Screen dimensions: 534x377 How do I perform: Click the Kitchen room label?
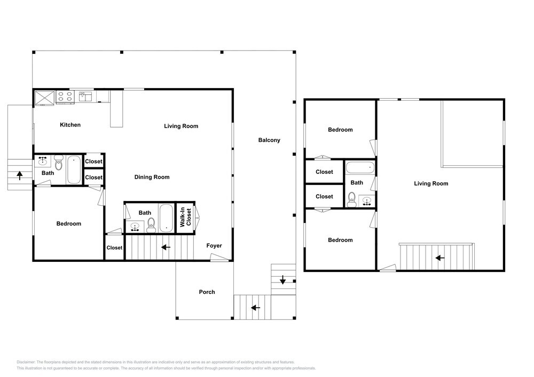pyautogui.click(x=70, y=125)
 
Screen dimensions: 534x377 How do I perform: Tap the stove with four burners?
pyautogui.click(x=65, y=97)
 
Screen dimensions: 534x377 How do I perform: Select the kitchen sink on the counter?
pyautogui.click(x=85, y=96)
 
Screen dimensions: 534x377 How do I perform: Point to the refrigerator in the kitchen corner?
pyautogui.click(x=45, y=98)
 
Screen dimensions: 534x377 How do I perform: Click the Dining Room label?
pyautogui.click(x=152, y=177)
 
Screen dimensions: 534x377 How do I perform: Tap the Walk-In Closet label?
pyautogui.click(x=186, y=217)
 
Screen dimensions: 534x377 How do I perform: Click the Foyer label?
pyautogui.click(x=214, y=245)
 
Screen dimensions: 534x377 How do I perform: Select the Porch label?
pyautogui.click(x=207, y=292)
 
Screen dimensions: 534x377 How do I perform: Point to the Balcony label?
pyautogui.click(x=269, y=140)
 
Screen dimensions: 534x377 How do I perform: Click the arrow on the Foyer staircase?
pyautogui.click(x=166, y=247)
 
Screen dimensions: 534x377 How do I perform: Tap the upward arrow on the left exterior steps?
pyautogui.click(x=20, y=175)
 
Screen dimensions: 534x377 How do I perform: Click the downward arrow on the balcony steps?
pyautogui.click(x=282, y=280)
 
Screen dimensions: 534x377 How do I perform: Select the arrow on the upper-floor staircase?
pyautogui.click(x=440, y=258)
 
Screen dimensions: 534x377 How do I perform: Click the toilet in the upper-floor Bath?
pyautogui.click(x=351, y=199)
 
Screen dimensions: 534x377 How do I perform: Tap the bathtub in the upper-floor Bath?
pyautogui.click(x=360, y=167)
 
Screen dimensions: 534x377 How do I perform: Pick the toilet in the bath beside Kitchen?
pyautogui.click(x=59, y=163)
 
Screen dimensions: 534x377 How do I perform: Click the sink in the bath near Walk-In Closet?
pyautogui.click(x=135, y=227)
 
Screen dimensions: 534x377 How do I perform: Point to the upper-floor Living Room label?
pyautogui.click(x=431, y=183)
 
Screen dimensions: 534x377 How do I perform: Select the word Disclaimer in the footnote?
pyautogui.click(x=26, y=362)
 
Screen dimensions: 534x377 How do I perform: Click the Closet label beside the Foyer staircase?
pyautogui.click(x=114, y=248)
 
